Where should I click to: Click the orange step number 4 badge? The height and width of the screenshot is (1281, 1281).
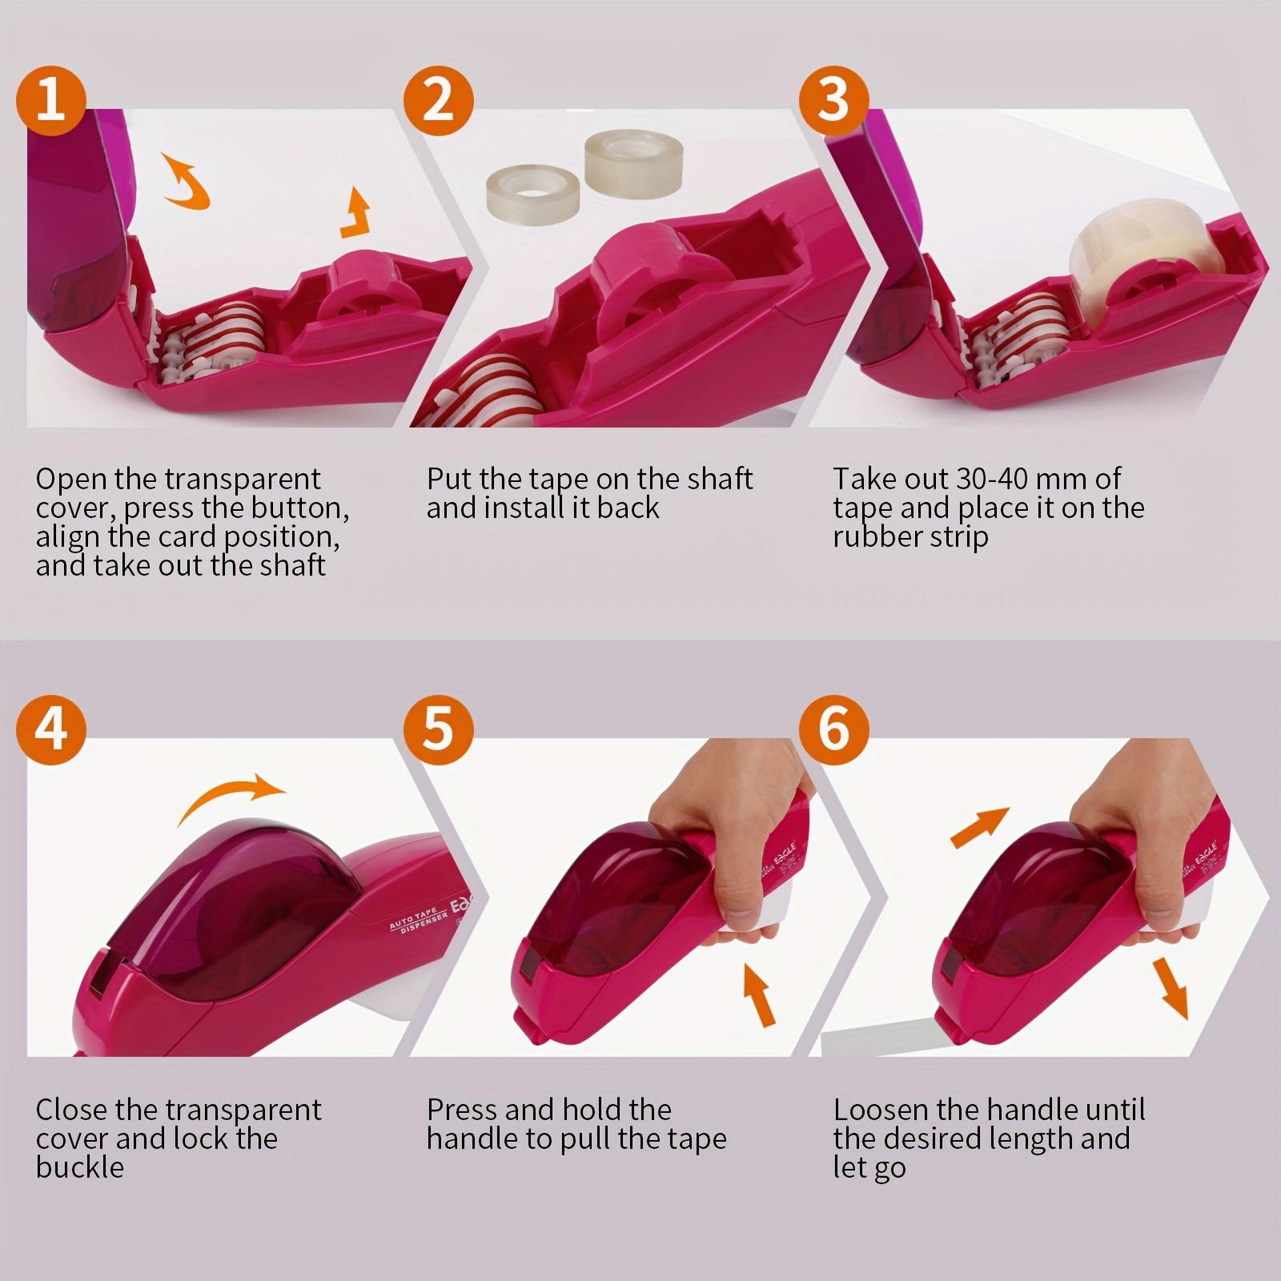click(x=50, y=729)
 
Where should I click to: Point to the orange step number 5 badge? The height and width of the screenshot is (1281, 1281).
click(x=438, y=729)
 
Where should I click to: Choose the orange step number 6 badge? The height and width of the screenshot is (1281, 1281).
click(x=833, y=729)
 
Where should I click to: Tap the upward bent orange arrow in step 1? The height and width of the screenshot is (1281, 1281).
click(x=356, y=215)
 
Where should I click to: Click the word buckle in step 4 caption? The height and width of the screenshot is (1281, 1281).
click(x=79, y=1167)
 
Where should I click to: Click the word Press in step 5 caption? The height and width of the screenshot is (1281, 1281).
click(x=462, y=1110)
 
